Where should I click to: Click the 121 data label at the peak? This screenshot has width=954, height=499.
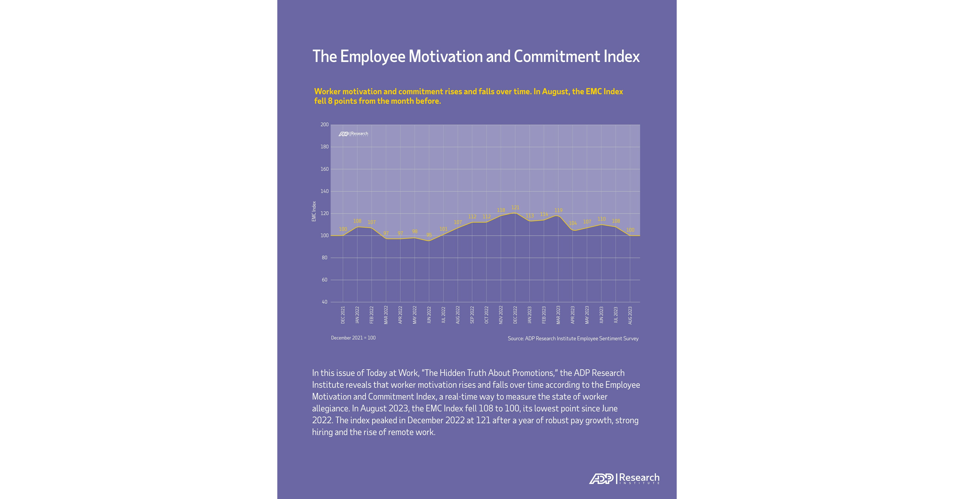[515, 208]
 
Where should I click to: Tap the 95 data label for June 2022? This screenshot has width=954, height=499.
[429, 235]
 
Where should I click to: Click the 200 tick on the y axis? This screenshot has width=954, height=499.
[324, 125]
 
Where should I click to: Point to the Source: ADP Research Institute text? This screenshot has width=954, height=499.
[573, 338]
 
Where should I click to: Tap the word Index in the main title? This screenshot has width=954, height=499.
[621, 57]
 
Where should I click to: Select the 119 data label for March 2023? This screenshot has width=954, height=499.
[558, 210]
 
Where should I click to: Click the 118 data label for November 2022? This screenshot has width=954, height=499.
[501, 210]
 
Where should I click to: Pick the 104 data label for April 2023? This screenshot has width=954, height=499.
[573, 223]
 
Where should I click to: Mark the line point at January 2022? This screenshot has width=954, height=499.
[357, 227]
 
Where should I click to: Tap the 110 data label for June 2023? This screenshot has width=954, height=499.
[601, 219]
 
